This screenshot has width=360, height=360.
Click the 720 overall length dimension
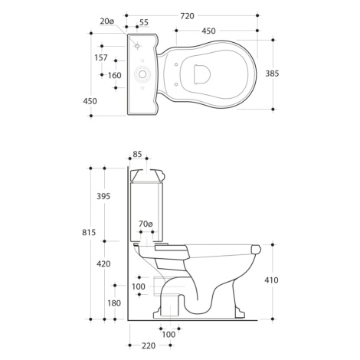[187, 16]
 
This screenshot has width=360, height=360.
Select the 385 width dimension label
[272, 74]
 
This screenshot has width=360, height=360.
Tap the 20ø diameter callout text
[106, 21]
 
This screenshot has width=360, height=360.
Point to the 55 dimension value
[144, 22]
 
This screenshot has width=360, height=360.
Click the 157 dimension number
[101, 57]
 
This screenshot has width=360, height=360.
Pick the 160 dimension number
[114, 75]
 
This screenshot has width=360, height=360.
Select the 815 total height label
[89, 232]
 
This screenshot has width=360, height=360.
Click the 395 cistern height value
[103, 196]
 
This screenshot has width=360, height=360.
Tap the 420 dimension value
[103, 263]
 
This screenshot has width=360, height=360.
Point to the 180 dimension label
[114, 303]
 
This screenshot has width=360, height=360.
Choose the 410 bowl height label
[271, 280]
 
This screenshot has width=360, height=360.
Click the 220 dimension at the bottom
[149, 345]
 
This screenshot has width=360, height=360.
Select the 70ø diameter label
[146, 224]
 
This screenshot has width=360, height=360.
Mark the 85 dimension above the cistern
[137, 154]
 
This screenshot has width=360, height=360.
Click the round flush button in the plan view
[142, 74]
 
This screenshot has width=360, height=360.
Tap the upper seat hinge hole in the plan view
[176, 64]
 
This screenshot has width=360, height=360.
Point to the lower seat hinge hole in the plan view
[176, 84]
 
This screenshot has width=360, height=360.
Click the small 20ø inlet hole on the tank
[137, 46]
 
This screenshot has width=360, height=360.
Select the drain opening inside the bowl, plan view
[202, 74]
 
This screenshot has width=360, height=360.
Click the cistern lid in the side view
[147, 175]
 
